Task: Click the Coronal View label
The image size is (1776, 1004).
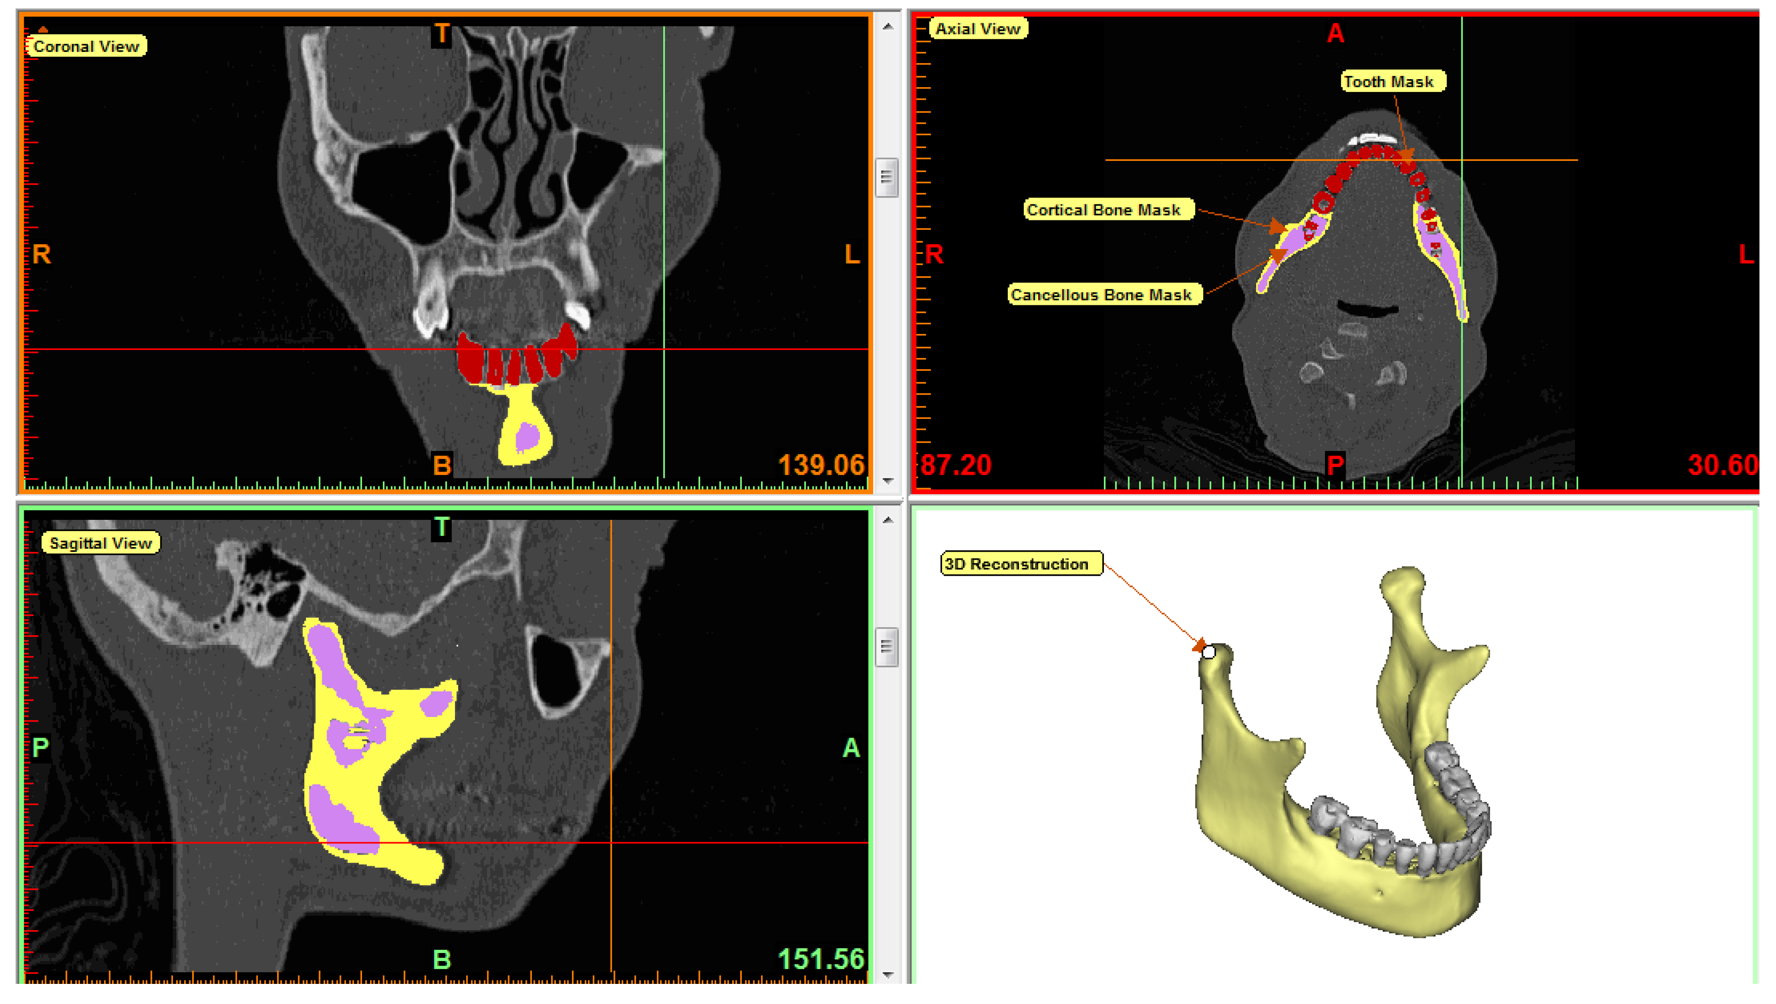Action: [86, 46]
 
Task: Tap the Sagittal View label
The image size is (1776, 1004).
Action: [101, 544]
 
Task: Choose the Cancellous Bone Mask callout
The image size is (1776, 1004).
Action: [1105, 295]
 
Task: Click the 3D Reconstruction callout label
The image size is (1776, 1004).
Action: [1021, 565]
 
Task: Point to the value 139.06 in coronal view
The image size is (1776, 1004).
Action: [821, 465]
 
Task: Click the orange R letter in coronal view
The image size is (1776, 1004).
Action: [42, 254]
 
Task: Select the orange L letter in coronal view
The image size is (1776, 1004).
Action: [852, 254]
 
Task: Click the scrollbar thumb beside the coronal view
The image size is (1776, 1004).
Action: [887, 177]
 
